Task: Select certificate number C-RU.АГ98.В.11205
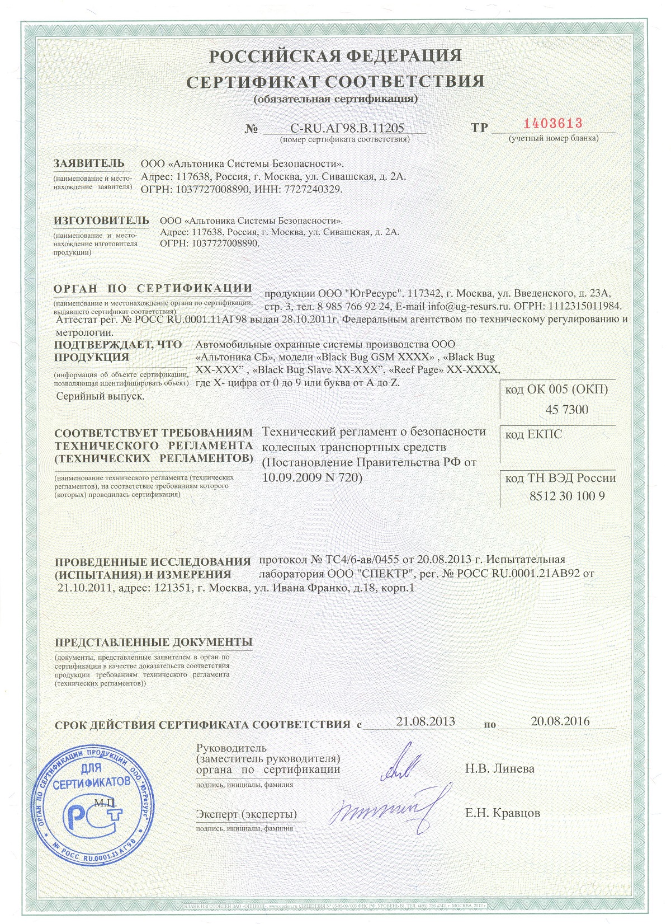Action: click(x=347, y=128)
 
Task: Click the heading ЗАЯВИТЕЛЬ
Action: click(x=89, y=163)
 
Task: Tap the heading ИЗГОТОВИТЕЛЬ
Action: click(x=101, y=221)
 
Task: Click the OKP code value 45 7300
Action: click(x=566, y=410)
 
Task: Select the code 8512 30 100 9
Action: click(x=566, y=496)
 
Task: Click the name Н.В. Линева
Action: click(x=499, y=768)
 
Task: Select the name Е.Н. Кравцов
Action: click(x=503, y=813)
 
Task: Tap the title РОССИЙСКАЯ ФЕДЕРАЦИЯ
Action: click(x=335, y=56)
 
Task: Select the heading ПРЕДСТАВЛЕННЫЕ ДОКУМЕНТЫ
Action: click(x=153, y=642)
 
